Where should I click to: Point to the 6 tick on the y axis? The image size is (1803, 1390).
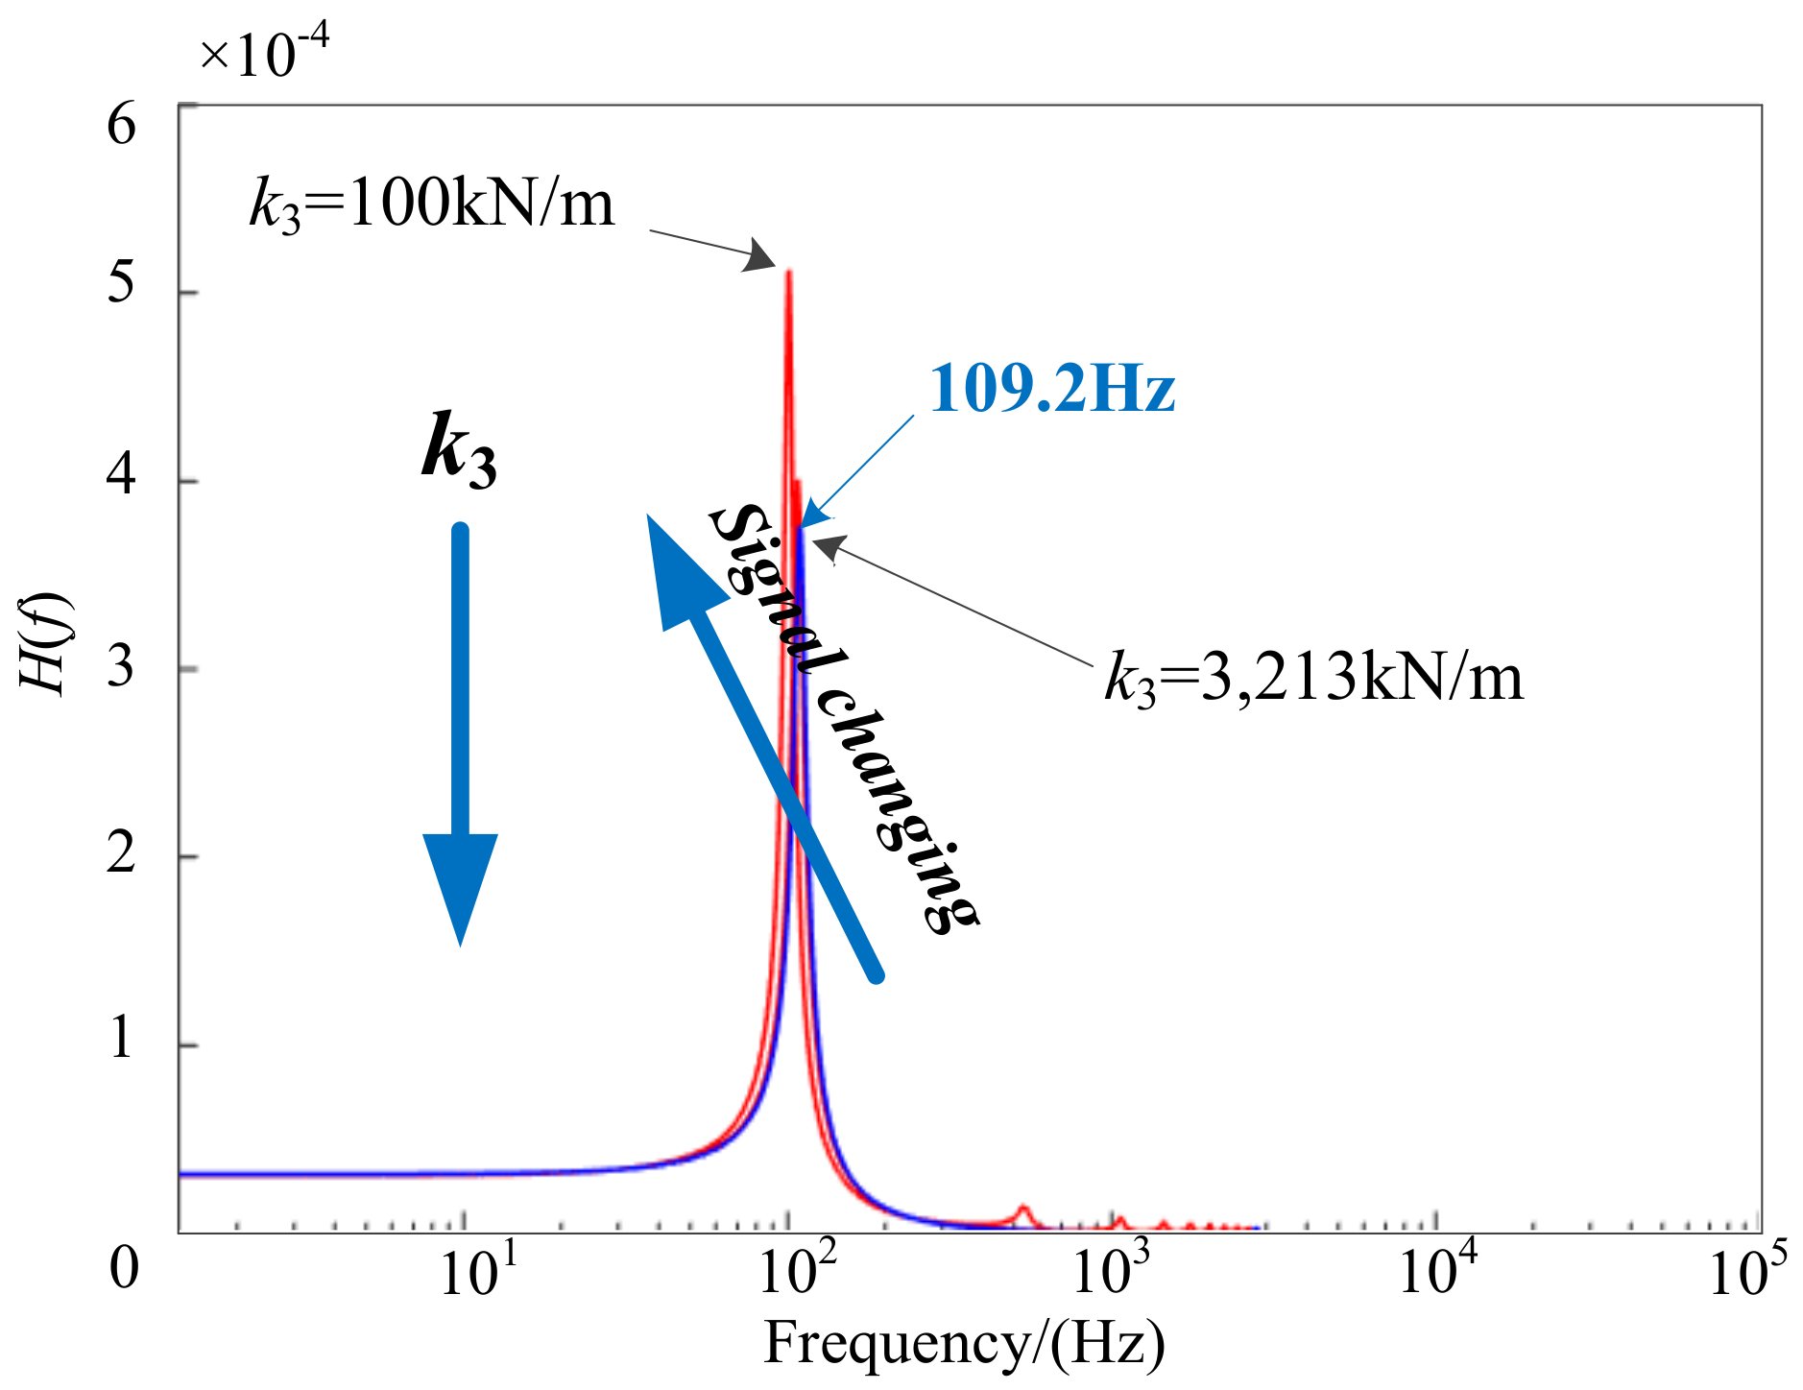pos(122,125)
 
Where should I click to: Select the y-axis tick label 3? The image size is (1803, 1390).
pos(122,665)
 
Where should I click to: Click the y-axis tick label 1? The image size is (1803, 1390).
pos(122,1038)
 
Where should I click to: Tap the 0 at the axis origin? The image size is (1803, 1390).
pos(124,1267)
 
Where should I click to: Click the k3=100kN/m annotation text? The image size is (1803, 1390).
pos(431,204)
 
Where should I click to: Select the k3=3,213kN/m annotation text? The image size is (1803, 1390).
pos(1313,678)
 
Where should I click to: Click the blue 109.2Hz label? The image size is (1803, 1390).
pos(1052,389)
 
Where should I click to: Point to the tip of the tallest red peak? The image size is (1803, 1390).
pos(789,273)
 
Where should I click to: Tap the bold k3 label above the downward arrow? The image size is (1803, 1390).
pos(460,449)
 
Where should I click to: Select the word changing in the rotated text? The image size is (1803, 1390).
pos(898,811)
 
